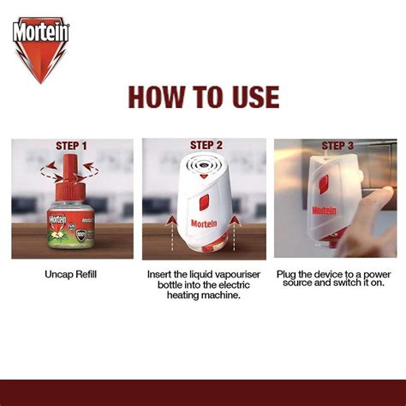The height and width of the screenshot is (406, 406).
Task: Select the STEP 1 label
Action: click(x=72, y=146)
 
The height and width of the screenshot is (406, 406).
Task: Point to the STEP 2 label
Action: click(x=206, y=145)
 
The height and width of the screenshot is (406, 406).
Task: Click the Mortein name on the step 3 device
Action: click(x=322, y=209)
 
